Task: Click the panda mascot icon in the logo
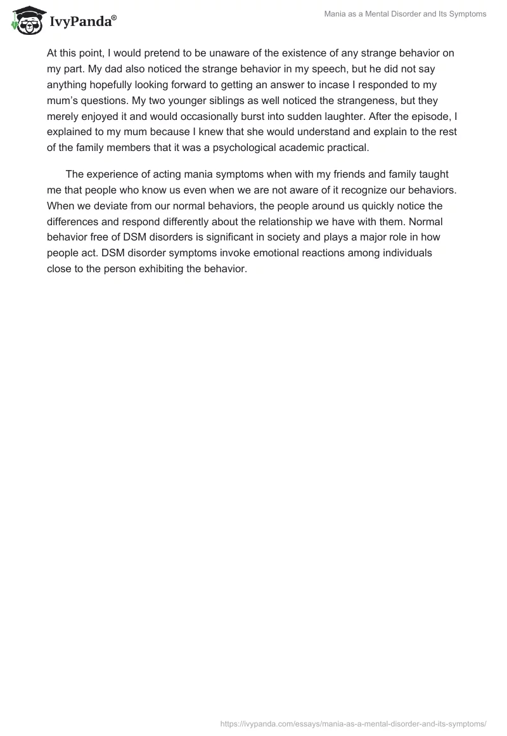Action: pos(26,21)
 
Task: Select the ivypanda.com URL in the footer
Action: pos(353,723)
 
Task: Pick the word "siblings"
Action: pos(202,100)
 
